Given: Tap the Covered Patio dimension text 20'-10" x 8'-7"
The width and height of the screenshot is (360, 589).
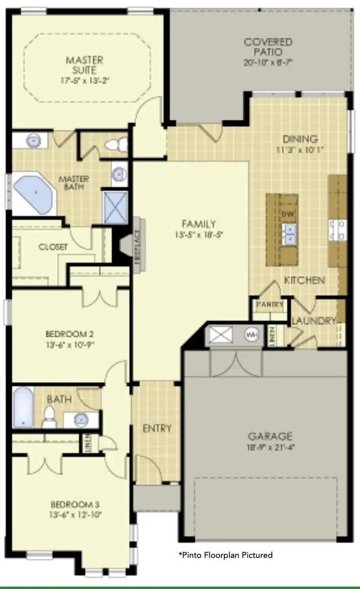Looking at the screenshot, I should [x=268, y=62].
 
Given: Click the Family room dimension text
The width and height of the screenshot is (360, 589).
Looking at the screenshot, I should [x=199, y=234].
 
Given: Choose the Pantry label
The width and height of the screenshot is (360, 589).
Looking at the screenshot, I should [x=270, y=304].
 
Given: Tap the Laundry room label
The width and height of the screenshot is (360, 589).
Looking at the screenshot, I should [x=314, y=321].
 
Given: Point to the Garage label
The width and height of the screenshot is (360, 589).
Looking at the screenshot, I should [x=270, y=436].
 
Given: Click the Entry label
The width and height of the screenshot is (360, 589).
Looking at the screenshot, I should [x=157, y=429].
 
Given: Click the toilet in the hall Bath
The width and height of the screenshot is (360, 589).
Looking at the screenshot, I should [x=50, y=415].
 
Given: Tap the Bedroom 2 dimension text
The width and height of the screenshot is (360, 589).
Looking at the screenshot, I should [x=70, y=344].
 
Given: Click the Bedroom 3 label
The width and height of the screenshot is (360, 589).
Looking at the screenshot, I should [x=74, y=504].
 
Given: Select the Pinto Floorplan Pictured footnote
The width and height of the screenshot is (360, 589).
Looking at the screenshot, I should [x=225, y=555].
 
